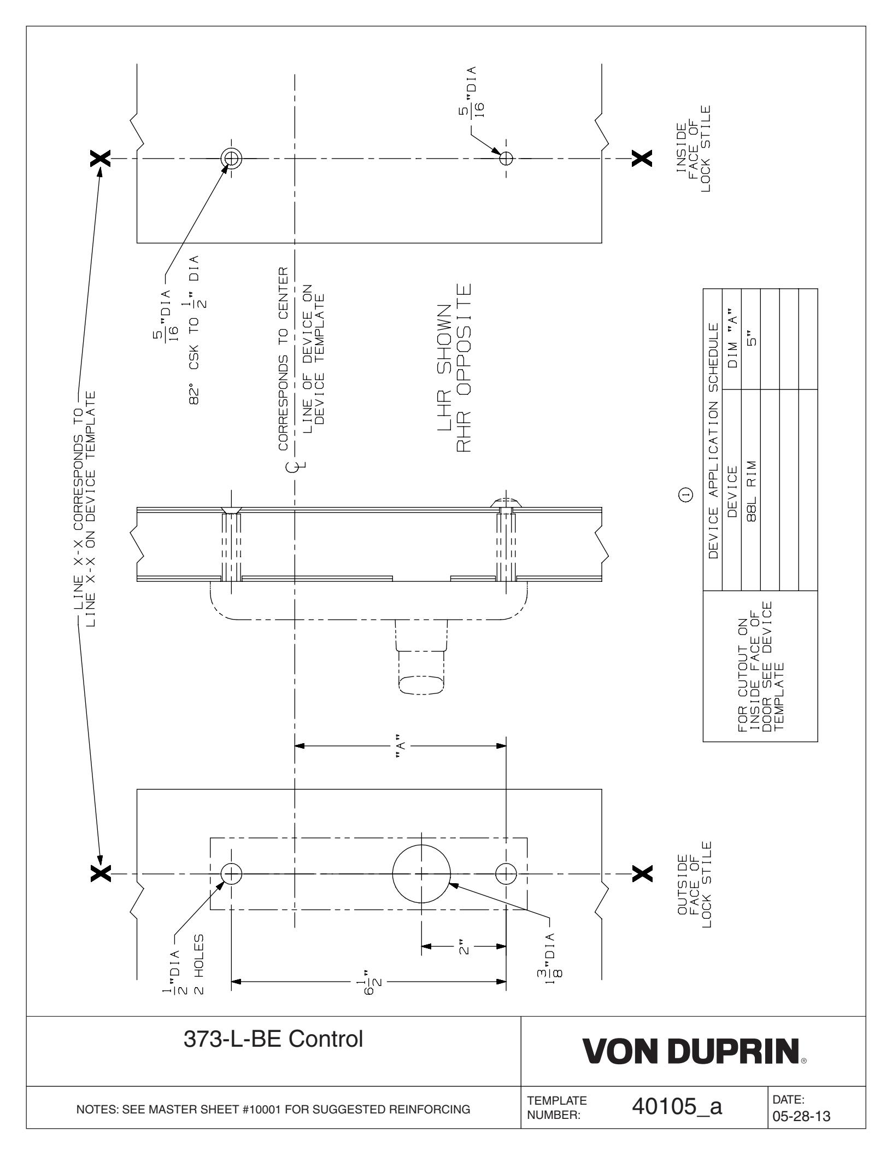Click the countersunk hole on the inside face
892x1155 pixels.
tap(231, 159)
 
